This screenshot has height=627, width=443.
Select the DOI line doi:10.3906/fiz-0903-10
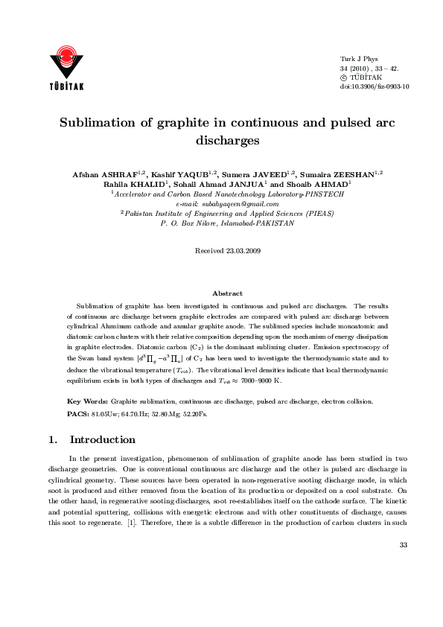coord(375,86)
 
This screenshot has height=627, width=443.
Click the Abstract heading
coord(227,294)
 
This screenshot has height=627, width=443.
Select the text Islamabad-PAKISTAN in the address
coord(261,223)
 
